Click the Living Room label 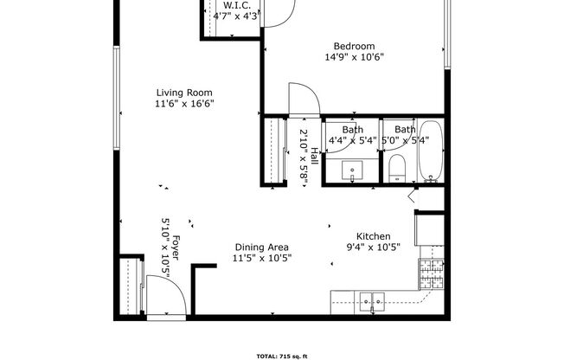pyautogui.click(x=184, y=93)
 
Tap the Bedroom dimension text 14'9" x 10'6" pyautogui.click(x=355, y=57)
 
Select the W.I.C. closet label pyautogui.click(x=237, y=6)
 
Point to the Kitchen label pyautogui.click(x=374, y=236)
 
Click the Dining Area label pyautogui.click(x=261, y=247)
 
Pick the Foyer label pyautogui.click(x=176, y=247)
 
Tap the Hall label pyautogui.click(x=314, y=156)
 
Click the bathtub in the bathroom pyautogui.click(x=431, y=151)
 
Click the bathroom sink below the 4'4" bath pyautogui.click(x=352, y=170)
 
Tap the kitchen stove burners pyautogui.click(x=432, y=273)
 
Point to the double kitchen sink pyautogui.click(x=372, y=303)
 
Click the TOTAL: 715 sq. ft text pyautogui.click(x=282, y=357)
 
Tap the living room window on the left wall pyautogui.click(x=117, y=98)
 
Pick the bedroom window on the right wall pyautogui.click(x=447, y=35)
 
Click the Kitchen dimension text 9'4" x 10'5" pyautogui.click(x=374, y=247)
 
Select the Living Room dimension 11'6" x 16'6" pyautogui.click(x=184, y=104)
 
